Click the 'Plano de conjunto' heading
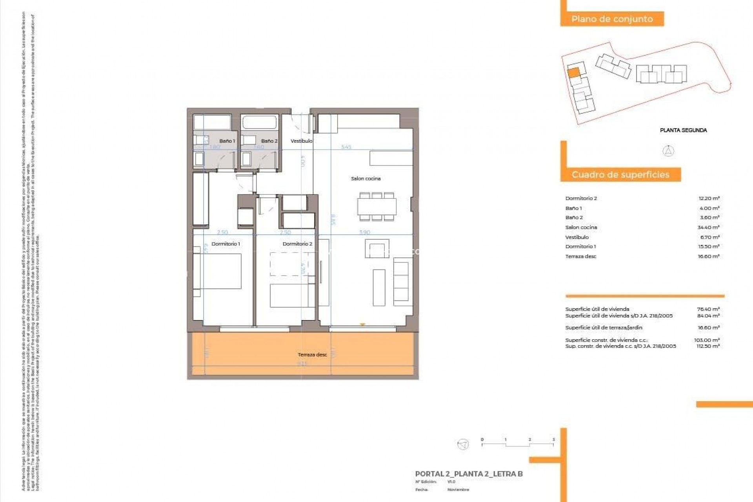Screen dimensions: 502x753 point(612,19)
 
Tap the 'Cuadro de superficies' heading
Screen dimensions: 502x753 point(620,175)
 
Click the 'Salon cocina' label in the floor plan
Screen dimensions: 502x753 point(366,178)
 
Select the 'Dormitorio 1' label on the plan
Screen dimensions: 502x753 point(226,244)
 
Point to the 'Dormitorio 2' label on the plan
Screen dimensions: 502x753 point(297,244)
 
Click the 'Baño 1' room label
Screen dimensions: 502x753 point(227,141)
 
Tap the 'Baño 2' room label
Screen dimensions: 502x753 point(269,141)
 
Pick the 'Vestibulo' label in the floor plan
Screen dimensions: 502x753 point(301,141)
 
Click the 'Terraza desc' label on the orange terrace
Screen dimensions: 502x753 point(312,355)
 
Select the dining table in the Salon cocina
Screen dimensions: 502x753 point(376,207)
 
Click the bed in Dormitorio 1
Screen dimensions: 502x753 point(222,271)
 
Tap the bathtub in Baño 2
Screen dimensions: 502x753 point(260,122)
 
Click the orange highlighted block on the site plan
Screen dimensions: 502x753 point(573,73)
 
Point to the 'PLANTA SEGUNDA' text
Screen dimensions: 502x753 point(683,130)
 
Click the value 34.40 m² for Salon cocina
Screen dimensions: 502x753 point(708,227)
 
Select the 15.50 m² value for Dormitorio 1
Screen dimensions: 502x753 point(708,246)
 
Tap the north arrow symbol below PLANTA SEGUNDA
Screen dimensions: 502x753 point(668,151)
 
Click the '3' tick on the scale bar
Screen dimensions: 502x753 point(553,440)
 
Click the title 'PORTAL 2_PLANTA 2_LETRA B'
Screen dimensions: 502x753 point(469,474)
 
